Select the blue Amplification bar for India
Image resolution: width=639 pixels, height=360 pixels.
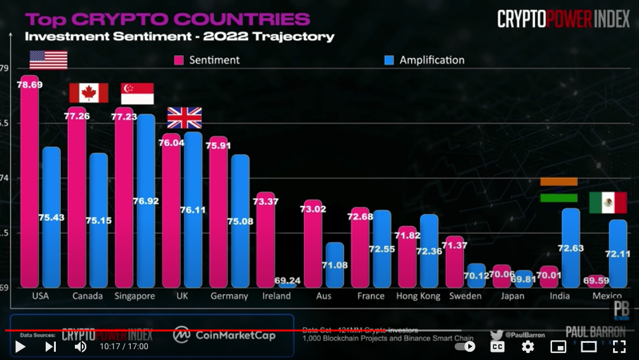[570, 248]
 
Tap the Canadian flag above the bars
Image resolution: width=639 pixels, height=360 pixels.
[88, 93]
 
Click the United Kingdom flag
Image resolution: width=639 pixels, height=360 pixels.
[184, 117]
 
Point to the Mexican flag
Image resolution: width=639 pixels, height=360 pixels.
[608, 203]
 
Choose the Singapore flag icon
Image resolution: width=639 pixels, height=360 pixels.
[137, 93]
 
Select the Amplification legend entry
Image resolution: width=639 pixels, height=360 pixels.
[425, 60]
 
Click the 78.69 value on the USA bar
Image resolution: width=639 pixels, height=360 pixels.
[30, 84]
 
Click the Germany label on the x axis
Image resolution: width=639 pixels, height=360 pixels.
[229, 296]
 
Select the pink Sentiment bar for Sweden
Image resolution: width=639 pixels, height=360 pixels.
[454, 262]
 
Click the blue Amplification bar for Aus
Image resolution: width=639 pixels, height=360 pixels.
[334, 265]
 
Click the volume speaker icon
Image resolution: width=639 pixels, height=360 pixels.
[81, 347]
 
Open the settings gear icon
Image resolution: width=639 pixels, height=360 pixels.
[527, 347]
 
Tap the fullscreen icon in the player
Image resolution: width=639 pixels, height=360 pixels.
[619, 347]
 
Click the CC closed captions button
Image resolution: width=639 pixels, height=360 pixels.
[497, 347]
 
